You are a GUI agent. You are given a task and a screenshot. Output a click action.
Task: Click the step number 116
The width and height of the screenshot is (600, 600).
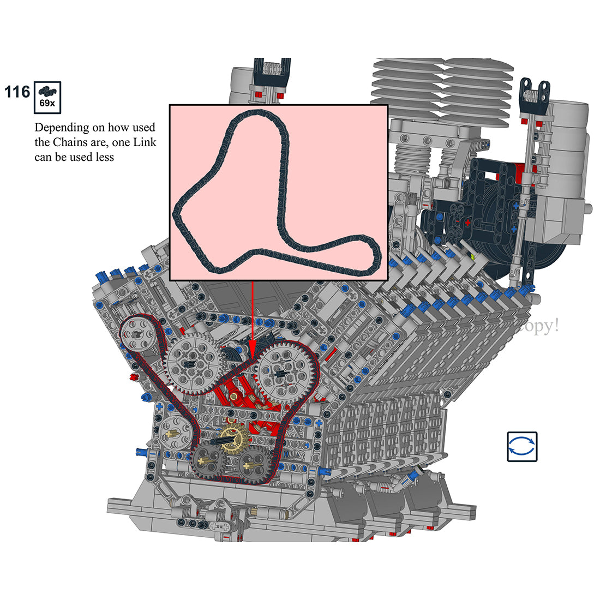tap(17, 92)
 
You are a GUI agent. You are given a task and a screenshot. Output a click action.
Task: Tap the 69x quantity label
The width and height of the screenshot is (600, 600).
tap(47, 104)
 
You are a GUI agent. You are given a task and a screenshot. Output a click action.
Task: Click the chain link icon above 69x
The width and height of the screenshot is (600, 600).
tap(47, 91)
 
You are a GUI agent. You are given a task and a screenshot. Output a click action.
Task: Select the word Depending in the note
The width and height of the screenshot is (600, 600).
tap(61, 128)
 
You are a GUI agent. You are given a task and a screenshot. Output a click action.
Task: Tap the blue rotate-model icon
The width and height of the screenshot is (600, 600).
tap(522, 447)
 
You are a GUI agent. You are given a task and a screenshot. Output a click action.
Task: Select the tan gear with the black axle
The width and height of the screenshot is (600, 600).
tap(236, 436)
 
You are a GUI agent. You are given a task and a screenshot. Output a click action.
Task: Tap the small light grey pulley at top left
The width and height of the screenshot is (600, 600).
tap(135, 334)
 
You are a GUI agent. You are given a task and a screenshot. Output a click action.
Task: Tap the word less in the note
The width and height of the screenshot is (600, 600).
tap(104, 158)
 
